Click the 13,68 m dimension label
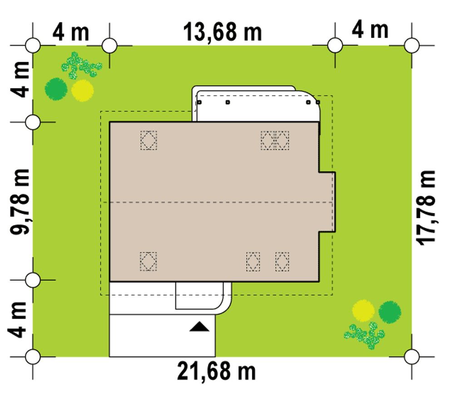click(222, 32)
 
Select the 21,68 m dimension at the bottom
click(216, 371)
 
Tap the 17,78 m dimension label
click(426, 208)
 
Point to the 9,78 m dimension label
click(20, 201)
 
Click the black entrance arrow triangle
click(199, 327)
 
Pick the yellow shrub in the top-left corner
click(83, 90)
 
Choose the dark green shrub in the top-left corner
click(56, 89)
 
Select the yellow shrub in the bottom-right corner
click(363, 311)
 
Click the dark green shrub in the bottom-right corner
click(390, 312)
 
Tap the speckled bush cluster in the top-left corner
click(81, 66)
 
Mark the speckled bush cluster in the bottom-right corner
click(365, 335)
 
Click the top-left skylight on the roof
click(149, 140)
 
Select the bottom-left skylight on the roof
click(148, 262)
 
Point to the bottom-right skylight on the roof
click(282, 262)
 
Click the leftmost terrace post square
click(199, 102)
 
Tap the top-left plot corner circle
click(33, 45)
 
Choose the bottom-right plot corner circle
click(411, 357)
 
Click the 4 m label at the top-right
click(370, 30)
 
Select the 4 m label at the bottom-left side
click(19, 320)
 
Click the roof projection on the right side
click(327, 202)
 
